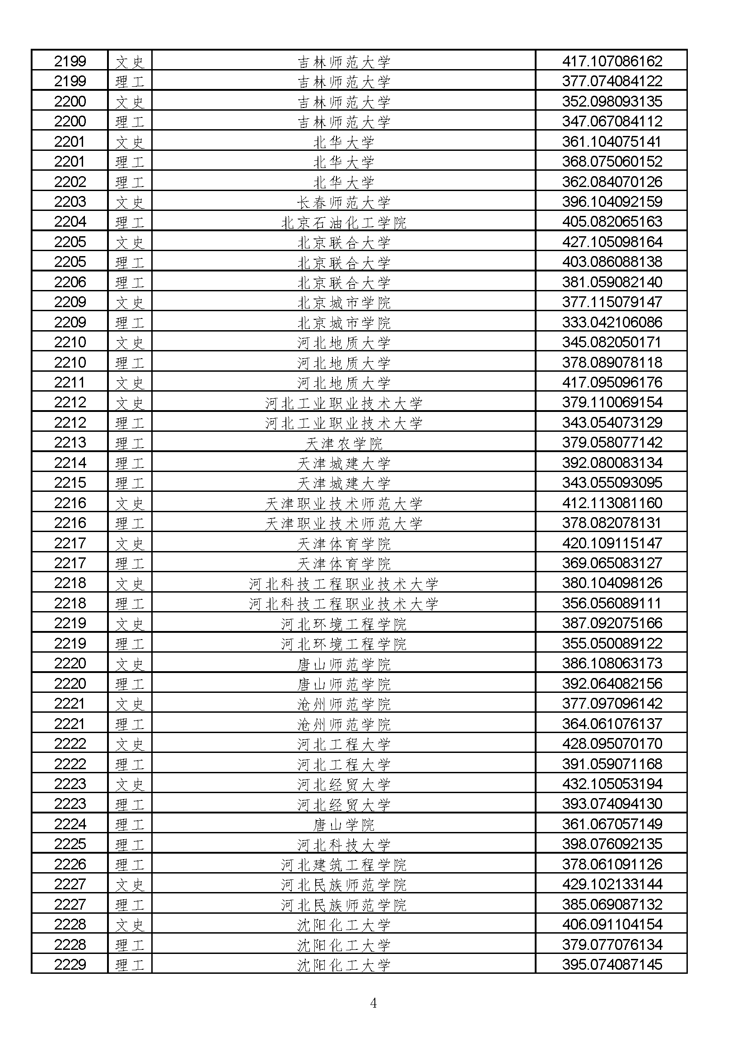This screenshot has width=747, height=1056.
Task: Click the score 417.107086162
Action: point(612,61)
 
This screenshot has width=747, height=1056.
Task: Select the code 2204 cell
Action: point(70,222)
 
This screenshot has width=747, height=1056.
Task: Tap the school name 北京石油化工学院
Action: point(344,223)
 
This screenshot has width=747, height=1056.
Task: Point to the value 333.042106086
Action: point(612,322)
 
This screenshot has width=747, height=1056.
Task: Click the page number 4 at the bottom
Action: point(373,1003)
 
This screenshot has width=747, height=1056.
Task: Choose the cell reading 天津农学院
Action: point(344,444)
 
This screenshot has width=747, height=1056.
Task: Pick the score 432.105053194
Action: point(612,784)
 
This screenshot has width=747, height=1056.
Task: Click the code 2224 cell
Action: point(70,824)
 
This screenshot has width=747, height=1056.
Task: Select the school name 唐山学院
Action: point(344,825)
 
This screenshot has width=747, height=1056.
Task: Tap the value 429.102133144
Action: point(612,884)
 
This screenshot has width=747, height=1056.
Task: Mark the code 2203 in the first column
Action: point(70,201)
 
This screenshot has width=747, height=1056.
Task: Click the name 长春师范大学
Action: point(344,202)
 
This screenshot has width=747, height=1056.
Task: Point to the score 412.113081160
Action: point(612,503)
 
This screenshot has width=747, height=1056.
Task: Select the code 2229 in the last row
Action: point(70,964)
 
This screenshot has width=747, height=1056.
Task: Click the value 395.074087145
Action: point(612,964)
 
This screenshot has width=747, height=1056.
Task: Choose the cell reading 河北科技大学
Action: point(344,845)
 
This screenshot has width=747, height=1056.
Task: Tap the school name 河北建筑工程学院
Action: point(344,864)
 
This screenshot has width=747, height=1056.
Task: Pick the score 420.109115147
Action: point(612,543)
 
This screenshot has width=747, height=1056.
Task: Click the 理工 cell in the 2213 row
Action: point(130,444)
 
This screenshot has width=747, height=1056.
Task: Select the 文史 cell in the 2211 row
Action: point(130,383)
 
